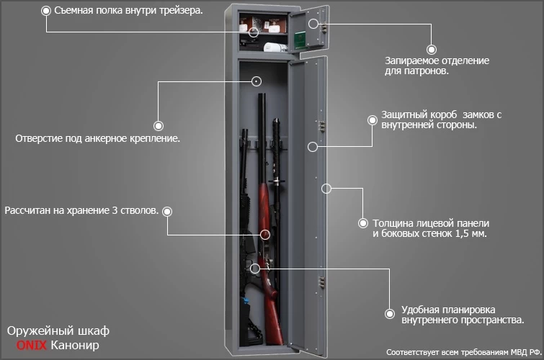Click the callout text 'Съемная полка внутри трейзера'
(128, 12)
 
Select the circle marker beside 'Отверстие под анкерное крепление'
(158, 124)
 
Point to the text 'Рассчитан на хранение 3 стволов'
(81, 211)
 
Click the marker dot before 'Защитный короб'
(373, 120)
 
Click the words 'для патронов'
(418, 71)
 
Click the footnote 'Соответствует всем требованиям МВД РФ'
(462, 352)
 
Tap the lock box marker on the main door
(312, 146)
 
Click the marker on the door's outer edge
(326, 189)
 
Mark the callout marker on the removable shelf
(254, 32)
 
